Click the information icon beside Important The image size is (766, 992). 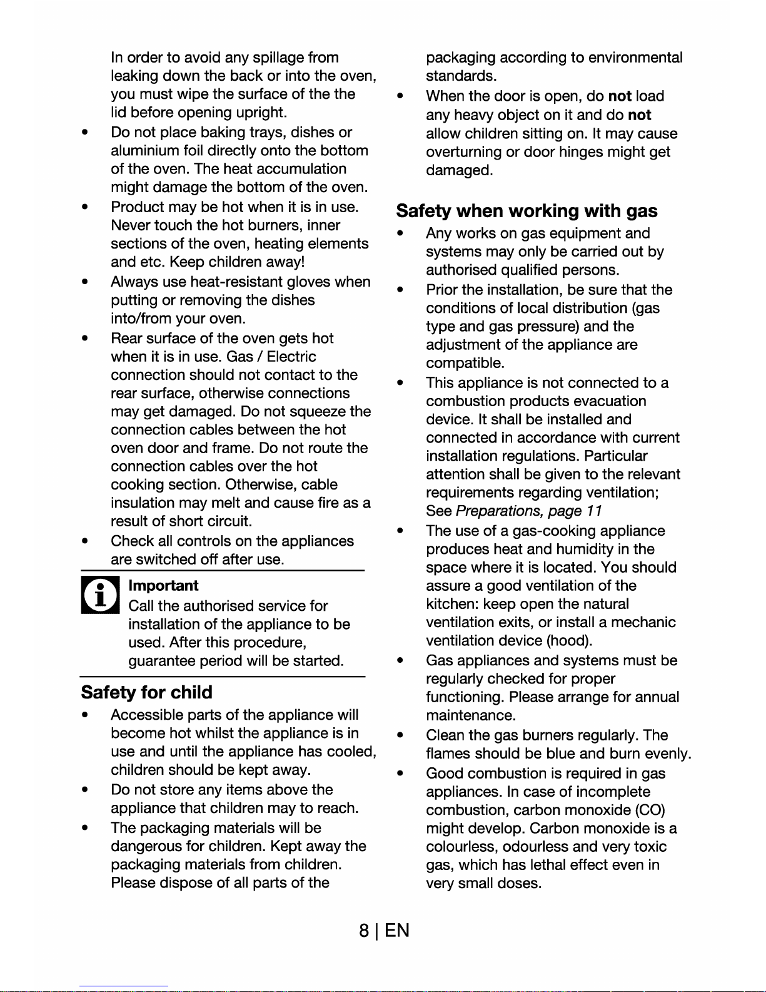[x=99, y=596]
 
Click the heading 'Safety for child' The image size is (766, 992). [x=147, y=692]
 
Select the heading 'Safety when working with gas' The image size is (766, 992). [x=527, y=211]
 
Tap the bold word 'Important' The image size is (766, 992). [x=163, y=586]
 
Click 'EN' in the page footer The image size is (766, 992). [x=397, y=931]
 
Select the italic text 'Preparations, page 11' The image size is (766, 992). [x=529, y=511]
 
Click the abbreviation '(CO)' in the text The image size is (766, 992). [x=650, y=810]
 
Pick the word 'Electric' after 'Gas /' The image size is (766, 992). [x=291, y=357]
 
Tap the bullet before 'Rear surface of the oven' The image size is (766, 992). [x=84, y=339]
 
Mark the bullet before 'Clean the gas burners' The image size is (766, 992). [x=399, y=735]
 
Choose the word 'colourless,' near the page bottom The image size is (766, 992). [x=462, y=847]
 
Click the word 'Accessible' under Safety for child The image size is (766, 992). [x=147, y=715]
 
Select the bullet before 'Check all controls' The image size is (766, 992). [x=84, y=541]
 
